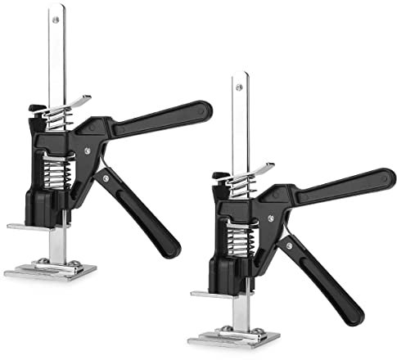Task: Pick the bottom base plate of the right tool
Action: pyautogui.click(x=234, y=336)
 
